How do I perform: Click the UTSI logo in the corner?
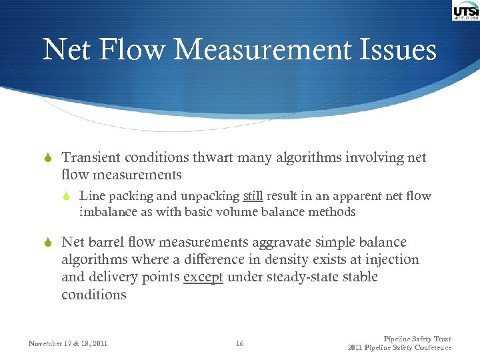465,11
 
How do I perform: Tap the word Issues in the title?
398,51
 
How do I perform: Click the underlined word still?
253,197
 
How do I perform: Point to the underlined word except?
203,277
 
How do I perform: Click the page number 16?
240,344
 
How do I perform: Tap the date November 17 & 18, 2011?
68,344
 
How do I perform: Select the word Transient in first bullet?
90,158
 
